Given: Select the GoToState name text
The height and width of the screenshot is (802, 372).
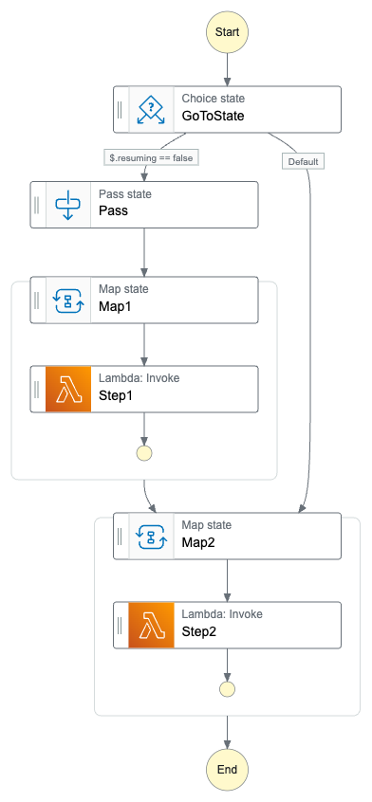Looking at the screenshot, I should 213,117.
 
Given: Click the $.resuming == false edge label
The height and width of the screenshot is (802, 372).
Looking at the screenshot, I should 150,159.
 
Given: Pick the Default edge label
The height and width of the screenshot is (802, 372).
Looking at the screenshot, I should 304,161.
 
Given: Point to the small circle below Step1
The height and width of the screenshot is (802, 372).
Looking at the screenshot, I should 144,452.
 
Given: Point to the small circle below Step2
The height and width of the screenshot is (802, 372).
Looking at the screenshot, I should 227,688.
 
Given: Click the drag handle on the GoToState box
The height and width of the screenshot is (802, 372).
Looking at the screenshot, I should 121,109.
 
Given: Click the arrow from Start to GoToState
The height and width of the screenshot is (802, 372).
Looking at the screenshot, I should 227,70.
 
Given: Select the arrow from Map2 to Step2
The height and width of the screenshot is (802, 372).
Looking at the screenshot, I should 227,580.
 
